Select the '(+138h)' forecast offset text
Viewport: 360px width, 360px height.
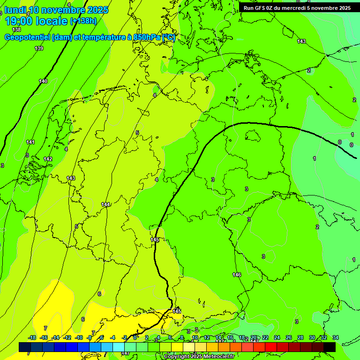[x=83, y=21]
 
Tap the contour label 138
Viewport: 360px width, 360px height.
[x=16, y=30]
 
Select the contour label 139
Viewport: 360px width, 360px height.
[x=39, y=48]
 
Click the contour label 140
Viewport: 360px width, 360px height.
[x=43, y=81]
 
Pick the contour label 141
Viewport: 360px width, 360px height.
[x=30, y=142]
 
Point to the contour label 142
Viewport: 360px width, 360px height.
[x=48, y=159]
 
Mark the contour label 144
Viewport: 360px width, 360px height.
[x=105, y=204]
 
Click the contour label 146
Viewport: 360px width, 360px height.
[x=237, y=275]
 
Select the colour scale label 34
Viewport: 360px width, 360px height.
[x=336, y=337]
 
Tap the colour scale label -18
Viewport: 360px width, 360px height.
[x=32, y=337]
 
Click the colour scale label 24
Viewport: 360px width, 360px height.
[x=277, y=337]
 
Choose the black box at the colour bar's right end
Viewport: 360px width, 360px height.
[x=330, y=347]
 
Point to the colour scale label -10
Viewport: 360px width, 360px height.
[x=79, y=337]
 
